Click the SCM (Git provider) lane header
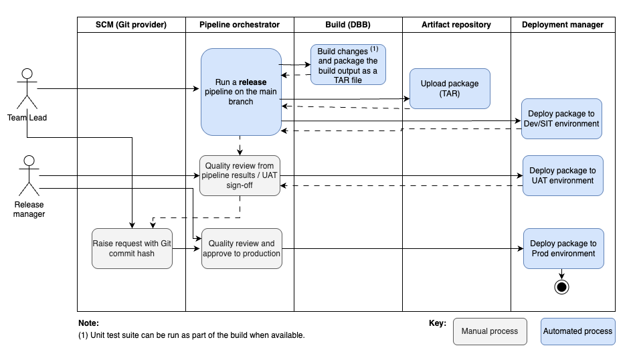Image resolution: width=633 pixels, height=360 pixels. (131, 25)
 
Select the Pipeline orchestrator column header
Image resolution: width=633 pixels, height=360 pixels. (240, 25)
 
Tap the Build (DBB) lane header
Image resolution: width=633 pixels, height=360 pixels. (348, 25)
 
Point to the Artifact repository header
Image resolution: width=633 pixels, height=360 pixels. (456, 25)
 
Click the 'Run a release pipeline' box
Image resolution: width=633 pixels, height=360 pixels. (241, 92)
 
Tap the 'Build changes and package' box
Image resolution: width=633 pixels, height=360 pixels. (348, 64)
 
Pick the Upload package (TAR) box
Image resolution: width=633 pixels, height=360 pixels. (450, 88)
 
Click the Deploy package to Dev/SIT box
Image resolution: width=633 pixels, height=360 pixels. (562, 119)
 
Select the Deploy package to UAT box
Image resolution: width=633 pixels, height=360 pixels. (563, 176)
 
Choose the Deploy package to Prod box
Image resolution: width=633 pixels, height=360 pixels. (563, 249)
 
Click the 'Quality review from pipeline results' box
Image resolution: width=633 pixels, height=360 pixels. (240, 176)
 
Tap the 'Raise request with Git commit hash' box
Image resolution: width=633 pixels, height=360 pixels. (132, 249)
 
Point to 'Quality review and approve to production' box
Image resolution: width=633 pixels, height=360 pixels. (241, 249)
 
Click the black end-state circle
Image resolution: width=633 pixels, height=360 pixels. (561, 287)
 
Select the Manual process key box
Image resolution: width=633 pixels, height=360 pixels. (490, 331)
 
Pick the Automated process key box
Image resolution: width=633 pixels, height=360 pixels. (577, 331)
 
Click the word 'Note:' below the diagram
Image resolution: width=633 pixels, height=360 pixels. (88, 323)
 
